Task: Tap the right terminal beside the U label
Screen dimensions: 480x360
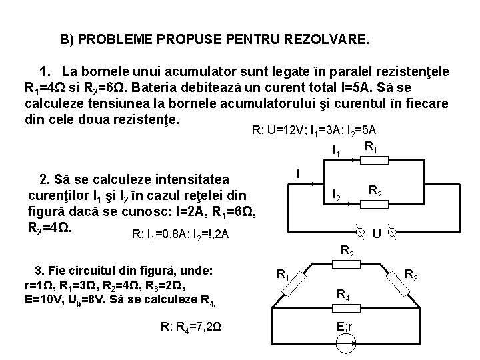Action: pyautogui.click(x=393, y=233)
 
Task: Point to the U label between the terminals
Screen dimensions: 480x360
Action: pyautogui.click(x=377, y=234)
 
